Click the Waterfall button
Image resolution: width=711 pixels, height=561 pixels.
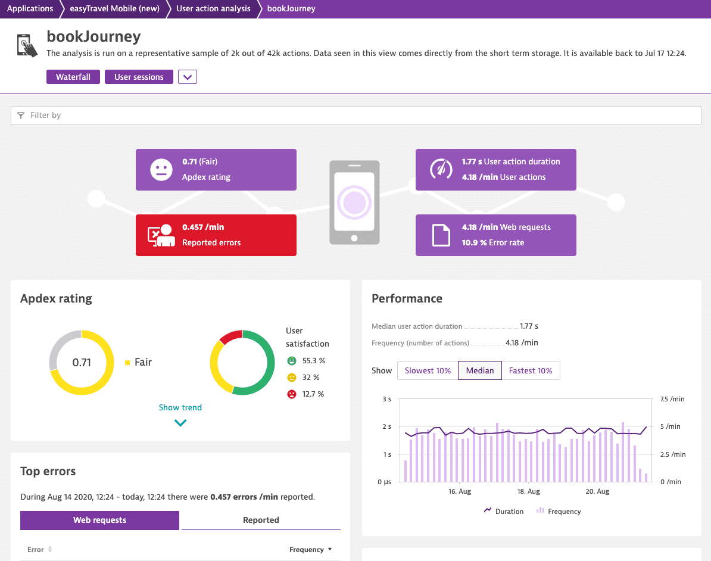coord(73,77)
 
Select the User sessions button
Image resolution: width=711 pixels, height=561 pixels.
coord(139,77)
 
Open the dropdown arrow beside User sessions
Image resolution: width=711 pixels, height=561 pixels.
coord(187,77)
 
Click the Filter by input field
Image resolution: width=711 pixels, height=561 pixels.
coord(356,115)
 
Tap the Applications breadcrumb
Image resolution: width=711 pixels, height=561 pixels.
coord(30,8)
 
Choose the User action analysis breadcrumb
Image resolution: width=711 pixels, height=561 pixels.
coord(213,8)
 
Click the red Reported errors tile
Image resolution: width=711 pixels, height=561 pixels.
coord(216,235)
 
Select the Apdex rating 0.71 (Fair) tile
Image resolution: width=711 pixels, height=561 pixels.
coord(216,170)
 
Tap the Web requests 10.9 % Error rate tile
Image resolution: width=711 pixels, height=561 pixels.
coord(495,235)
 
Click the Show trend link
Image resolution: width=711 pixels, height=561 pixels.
coord(180,407)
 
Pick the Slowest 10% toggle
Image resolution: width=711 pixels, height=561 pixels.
coord(428,370)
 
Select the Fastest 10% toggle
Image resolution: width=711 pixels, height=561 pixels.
coord(531,370)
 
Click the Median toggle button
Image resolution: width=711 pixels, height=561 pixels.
coord(480,370)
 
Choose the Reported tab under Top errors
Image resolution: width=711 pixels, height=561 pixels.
coord(261,520)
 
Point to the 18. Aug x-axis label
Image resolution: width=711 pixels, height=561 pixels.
coord(528,491)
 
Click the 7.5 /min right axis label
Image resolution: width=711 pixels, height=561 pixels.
coord(672,399)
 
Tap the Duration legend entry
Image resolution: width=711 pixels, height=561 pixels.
coord(504,511)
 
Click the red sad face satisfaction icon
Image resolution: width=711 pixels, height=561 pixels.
coord(292,394)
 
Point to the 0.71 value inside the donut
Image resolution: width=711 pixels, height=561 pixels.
coord(82,362)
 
